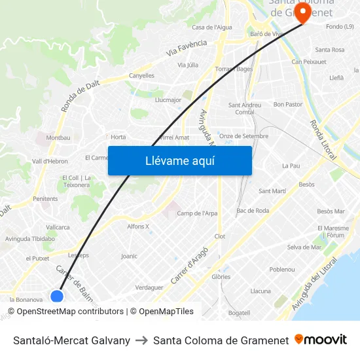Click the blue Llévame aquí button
pyautogui.click(x=179, y=160)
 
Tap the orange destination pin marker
pyautogui.click(x=302, y=12)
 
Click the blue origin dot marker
pyautogui.click(x=57, y=296)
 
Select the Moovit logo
pyautogui.click(x=320, y=340)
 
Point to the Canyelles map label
pyautogui.click(x=141, y=75)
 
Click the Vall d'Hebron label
pyautogui.click(x=50, y=161)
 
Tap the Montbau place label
pyautogui.click(x=58, y=137)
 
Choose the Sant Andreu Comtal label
pyautogui.click(x=244, y=108)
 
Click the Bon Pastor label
pyautogui.click(x=288, y=104)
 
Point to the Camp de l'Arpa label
pyautogui.click(x=197, y=213)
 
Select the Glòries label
pyautogui.click(x=221, y=277)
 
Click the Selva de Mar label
pyautogui.click(x=304, y=247)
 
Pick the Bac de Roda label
pyautogui.click(x=253, y=210)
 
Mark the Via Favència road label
pyautogui.click(x=187, y=47)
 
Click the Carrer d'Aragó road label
pyautogui.click(x=189, y=265)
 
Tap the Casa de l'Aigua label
pyautogui.click(x=211, y=27)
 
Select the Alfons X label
pyautogui.click(x=138, y=226)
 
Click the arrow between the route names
pyautogui.click(x=141, y=340)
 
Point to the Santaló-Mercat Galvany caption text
pyautogui.click(x=71, y=340)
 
